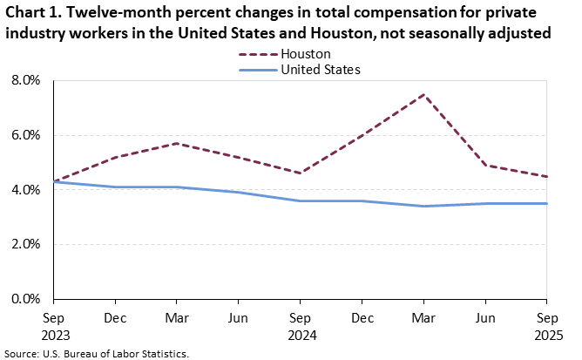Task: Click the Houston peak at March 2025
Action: point(423,94)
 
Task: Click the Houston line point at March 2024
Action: point(177,143)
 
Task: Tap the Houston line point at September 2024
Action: point(300,173)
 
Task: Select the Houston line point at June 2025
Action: point(485,166)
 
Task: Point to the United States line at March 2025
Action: point(423,206)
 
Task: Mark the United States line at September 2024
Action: point(300,200)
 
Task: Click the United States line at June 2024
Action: point(239,192)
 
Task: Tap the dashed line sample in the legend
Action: point(257,54)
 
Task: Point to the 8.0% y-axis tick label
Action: point(26,80)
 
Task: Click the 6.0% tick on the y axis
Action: point(26,135)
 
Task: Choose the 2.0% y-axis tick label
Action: point(26,244)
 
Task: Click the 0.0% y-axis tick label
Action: point(26,299)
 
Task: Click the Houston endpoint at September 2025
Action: point(546,176)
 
